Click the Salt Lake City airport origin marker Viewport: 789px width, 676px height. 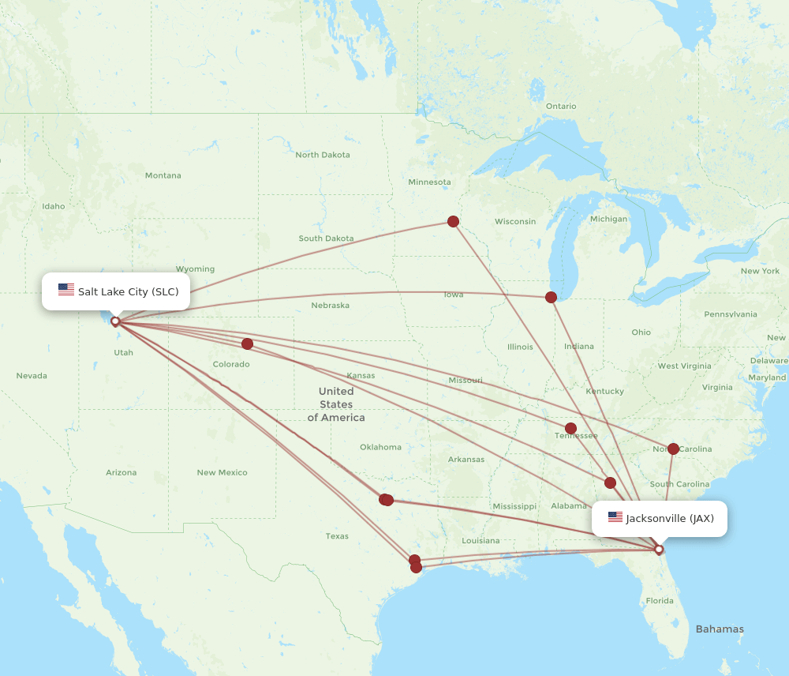coord(115,321)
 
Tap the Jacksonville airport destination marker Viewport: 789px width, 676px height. coord(659,549)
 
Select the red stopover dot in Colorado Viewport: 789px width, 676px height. coord(247,344)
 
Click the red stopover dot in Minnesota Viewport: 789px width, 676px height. coord(453,221)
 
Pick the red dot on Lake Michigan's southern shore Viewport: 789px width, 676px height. coord(551,297)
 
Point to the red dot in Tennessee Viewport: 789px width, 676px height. coord(570,428)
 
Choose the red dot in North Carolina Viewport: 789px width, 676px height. coord(673,449)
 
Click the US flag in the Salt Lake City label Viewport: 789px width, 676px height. coord(66,291)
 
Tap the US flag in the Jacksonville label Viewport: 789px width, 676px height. coord(615,517)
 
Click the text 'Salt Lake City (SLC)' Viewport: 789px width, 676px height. coord(128,291)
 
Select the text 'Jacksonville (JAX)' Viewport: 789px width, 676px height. coord(670,518)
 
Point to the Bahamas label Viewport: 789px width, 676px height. coord(719,629)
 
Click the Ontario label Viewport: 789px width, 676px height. coord(561,106)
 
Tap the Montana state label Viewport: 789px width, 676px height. coord(163,175)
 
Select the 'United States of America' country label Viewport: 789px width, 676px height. coord(336,404)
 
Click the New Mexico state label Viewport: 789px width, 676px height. coord(222,472)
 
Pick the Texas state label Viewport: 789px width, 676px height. coord(337,536)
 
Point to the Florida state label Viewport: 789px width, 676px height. coord(660,600)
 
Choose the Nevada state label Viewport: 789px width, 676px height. coord(32,375)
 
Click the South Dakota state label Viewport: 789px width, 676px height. coord(326,238)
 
